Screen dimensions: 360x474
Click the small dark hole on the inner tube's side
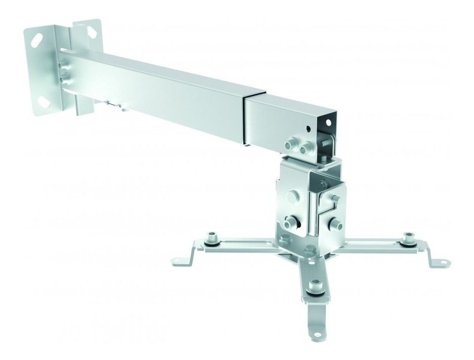pyautogui.click(x=309, y=128)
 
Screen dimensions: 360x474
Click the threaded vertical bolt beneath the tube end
pyautogui.click(x=325, y=155)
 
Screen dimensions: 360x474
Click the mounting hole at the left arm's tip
pyautogui.click(x=177, y=260)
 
